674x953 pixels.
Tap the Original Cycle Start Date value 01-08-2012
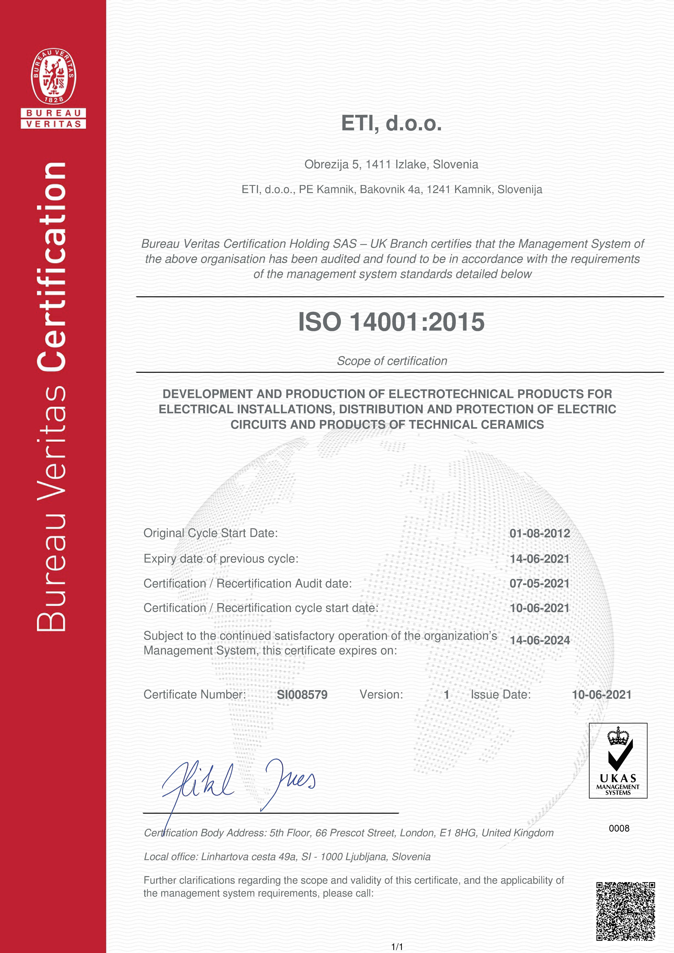(539, 533)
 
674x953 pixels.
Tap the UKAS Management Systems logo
(618, 760)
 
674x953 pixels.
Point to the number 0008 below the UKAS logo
(619, 829)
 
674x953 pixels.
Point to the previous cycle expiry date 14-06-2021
(539, 559)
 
